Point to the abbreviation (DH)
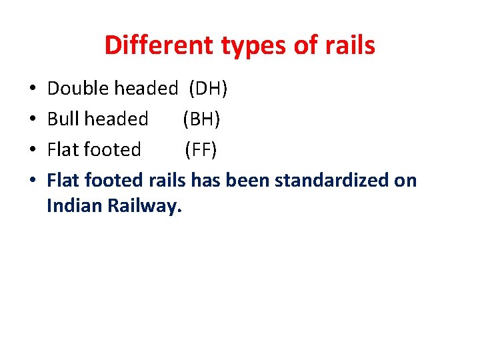pyautogui.click(x=209, y=88)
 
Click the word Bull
pyautogui.click(x=63, y=119)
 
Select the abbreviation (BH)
pyautogui.click(x=201, y=119)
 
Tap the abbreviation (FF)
pyautogui.click(x=201, y=149)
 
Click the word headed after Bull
pyautogui.click(x=117, y=119)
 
